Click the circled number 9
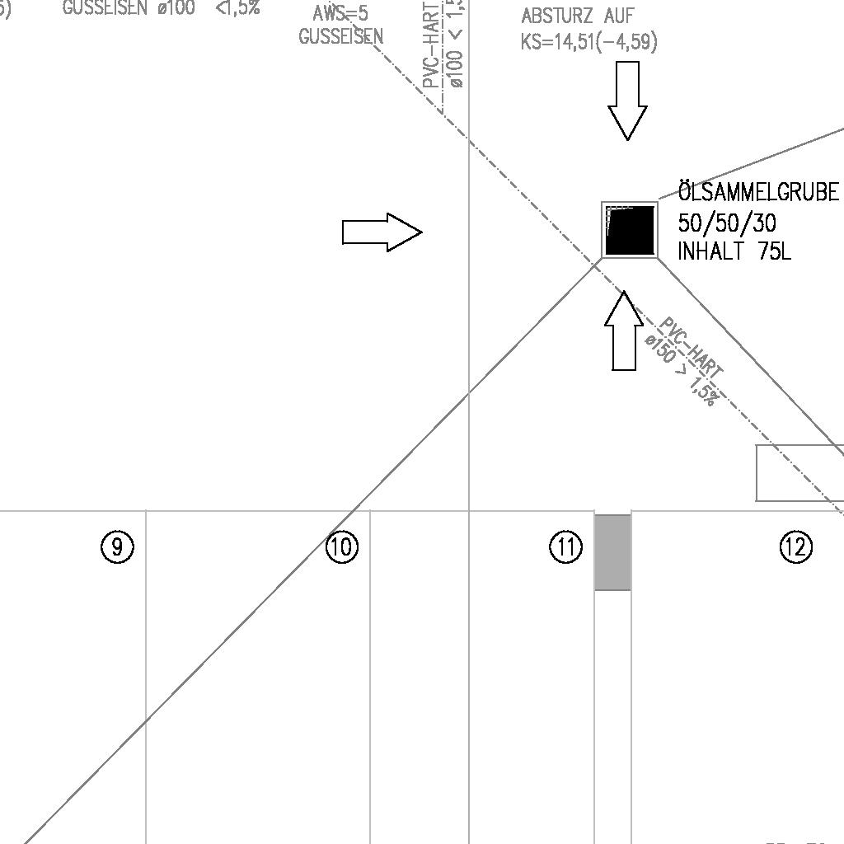tap(118, 547)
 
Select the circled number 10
tap(342, 547)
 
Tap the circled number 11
tap(565, 547)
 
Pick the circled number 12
tap(795, 547)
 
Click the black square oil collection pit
tap(630, 230)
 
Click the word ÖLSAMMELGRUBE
tap(758, 193)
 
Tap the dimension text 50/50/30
tap(727, 223)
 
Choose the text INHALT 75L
tap(734, 251)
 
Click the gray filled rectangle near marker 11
tap(612, 552)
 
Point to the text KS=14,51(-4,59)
tap(588, 41)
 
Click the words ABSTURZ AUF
tap(578, 16)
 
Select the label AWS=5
tap(340, 14)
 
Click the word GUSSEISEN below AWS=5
tap(340, 37)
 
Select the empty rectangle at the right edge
tap(798, 472)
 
